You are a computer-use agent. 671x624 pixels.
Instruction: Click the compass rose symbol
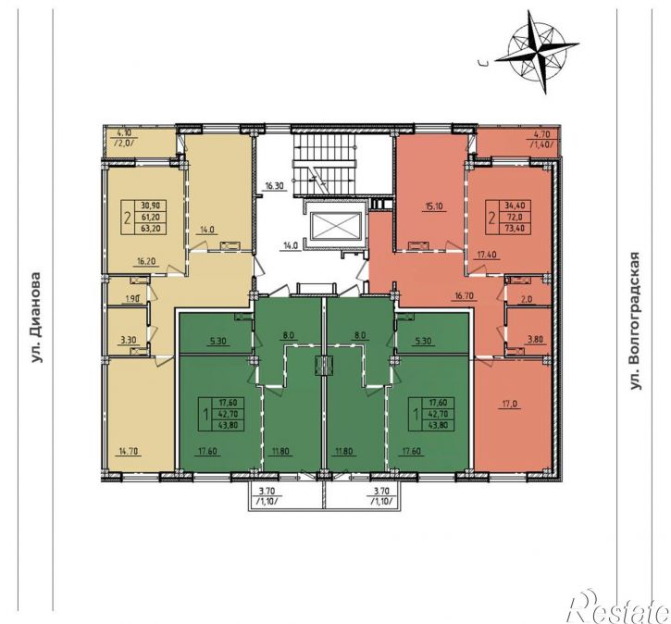pos(537,52)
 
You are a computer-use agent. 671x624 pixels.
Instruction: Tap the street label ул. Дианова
pos(38,318)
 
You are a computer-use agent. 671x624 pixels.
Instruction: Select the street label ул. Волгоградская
pos(636,320)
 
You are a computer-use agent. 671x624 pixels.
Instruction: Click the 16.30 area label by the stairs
pos(274,186)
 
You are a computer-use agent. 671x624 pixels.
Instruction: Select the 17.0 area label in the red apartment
pos(509,403)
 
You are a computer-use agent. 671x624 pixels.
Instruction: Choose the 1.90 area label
pos(131,300)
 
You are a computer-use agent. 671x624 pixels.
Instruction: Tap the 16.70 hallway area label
pos(466,295)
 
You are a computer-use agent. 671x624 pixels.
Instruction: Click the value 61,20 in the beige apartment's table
pos(151,218)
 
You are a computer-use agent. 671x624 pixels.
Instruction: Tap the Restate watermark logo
pos(616,607)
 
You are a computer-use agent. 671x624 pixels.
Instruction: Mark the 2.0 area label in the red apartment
pos(527,300)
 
